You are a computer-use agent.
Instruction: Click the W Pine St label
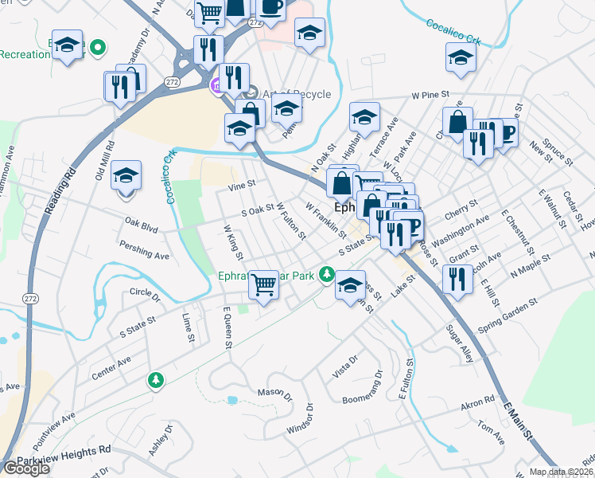pos(430,96)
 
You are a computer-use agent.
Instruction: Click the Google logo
pos(26,468)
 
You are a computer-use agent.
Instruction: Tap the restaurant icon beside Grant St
pos(457,279)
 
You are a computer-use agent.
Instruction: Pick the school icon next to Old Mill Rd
pos(125,174)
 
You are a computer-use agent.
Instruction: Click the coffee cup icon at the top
pos(270,8)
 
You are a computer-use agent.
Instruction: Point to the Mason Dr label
pos(275,394)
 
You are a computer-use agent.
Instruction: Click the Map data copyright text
pos(562,472)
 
